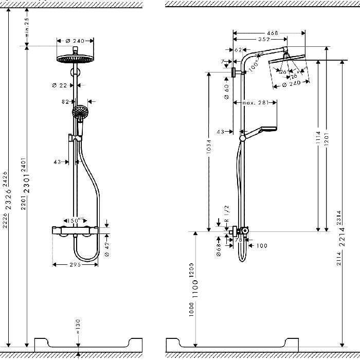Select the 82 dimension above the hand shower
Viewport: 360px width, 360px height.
(x=65, y=102)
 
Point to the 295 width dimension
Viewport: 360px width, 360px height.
(x=76, y=265)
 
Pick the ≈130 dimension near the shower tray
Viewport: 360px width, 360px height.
(x=78, y=326)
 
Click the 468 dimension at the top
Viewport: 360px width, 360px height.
(x=272, y=33)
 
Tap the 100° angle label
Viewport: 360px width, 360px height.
(x=254, y=66)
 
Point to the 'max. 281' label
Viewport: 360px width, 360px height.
(x=256, y=103)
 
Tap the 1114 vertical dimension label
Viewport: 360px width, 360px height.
(x=319, y=136)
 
